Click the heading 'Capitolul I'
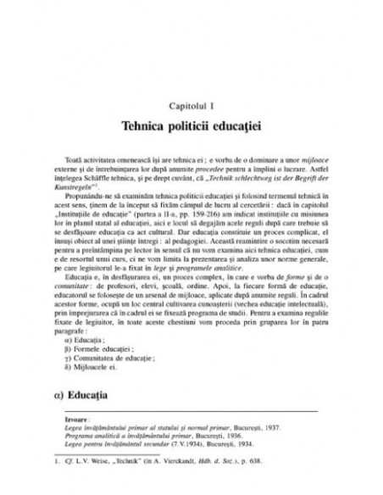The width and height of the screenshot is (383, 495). click(191, 104)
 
